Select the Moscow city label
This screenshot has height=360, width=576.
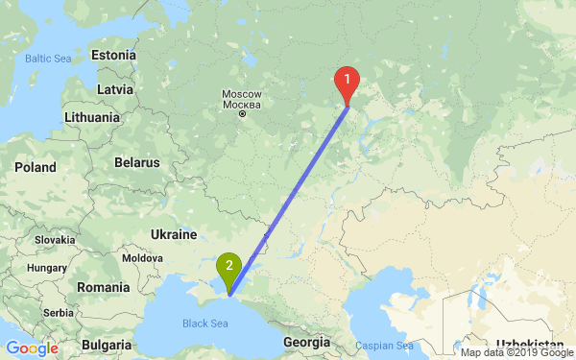(235, 98)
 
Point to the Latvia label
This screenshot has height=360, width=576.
(114, 89)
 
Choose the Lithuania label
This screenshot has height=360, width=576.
(92, 117)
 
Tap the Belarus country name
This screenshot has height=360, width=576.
(135, 162)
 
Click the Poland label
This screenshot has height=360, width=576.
(36, 167)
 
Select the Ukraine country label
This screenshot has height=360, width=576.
(174, 234)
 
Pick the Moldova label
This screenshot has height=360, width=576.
(142, 258)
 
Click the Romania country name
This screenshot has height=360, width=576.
(104, 287)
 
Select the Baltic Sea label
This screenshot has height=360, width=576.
(49, 59)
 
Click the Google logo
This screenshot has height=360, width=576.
(32, 348)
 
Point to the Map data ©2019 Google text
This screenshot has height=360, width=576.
(516, 352)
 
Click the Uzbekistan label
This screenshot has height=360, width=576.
(530, 343)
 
